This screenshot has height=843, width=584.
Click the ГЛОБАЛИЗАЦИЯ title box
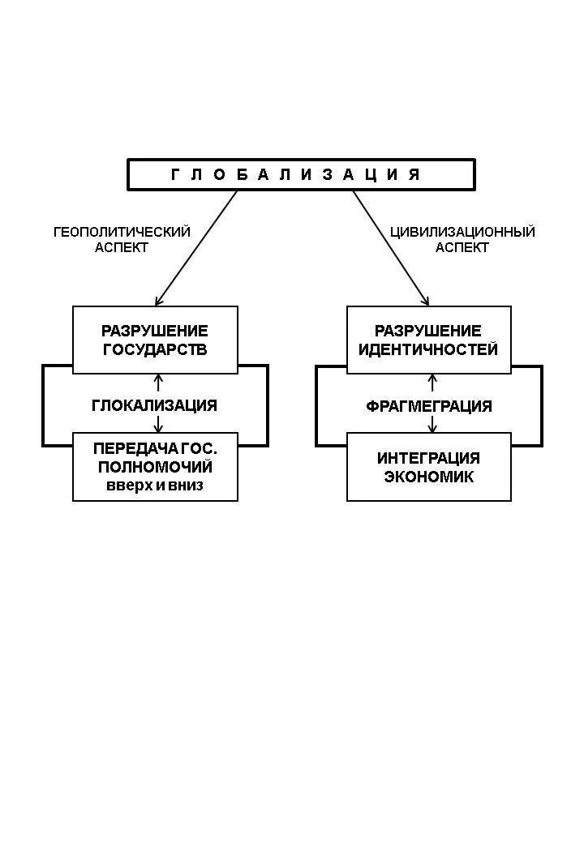pos(300,174)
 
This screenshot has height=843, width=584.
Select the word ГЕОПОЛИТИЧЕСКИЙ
pos(122,232)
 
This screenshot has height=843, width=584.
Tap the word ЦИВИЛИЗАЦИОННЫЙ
pos(462,232)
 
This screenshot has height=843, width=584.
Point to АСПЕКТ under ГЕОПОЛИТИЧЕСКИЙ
pos(122,248)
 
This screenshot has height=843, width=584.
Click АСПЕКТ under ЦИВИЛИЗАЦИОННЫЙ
pos(462,248)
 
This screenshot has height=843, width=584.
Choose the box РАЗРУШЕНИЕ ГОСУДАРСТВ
pos(155,340)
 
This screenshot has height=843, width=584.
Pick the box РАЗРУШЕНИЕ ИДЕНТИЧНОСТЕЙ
pos(428,340)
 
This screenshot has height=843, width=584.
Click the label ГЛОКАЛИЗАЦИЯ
pos(155,405)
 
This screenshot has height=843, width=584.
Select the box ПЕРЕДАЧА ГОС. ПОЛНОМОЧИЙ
pos(155,467)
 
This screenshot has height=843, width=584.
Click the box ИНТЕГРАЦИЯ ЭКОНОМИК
pos(428,467)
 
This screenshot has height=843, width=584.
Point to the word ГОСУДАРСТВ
pos(155,350)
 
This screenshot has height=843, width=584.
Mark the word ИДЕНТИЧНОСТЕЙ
pos(428,350)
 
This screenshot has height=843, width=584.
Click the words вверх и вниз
pos(155,486)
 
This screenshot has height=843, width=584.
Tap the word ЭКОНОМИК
pos(428,477)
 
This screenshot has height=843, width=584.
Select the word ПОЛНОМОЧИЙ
pos(155,468)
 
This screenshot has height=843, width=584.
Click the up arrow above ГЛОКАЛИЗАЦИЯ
pos(158,383)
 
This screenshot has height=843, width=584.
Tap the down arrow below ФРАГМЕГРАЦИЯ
pos(432,424)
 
